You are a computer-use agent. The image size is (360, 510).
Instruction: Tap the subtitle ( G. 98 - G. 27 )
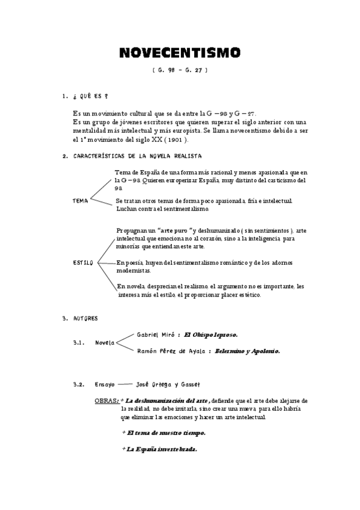coord(180,70)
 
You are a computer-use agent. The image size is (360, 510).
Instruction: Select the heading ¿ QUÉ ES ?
coord(90,96)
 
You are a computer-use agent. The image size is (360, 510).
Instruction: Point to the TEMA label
coord(80,201)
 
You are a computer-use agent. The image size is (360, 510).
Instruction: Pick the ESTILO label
coord(82,263)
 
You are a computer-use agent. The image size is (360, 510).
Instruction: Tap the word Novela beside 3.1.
coord(105,343)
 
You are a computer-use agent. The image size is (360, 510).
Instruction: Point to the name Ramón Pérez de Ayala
coord(172,351)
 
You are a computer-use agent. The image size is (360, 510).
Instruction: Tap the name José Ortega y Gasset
coord(168,384)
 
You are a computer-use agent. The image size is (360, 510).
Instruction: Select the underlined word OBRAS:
coord(106,400)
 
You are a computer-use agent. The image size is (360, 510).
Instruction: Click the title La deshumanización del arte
coord(167,400)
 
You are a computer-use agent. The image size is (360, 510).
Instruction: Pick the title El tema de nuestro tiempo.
coord(166,432)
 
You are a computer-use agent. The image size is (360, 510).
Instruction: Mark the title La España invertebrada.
coord(162,449)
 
